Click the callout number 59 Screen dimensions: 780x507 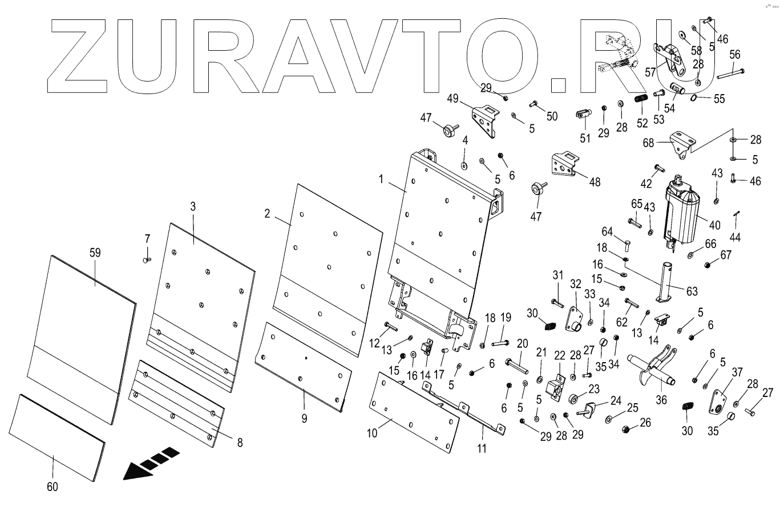click(x=95, y=252)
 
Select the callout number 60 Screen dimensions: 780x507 click(x=53, y=486)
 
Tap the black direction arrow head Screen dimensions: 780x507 click(x=135, y=471)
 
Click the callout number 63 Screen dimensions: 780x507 click(x=692, y=291)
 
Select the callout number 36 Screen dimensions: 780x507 click(x=661, y=399)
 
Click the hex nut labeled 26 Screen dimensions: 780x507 click(x=626, y=428)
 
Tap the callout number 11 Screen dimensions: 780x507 click(x=482, y=448)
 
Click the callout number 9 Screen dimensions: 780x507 click(x=304, y=418)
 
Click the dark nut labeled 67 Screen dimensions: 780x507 click(x=709, y=265)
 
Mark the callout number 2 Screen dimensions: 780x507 click(x=267, y=213)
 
